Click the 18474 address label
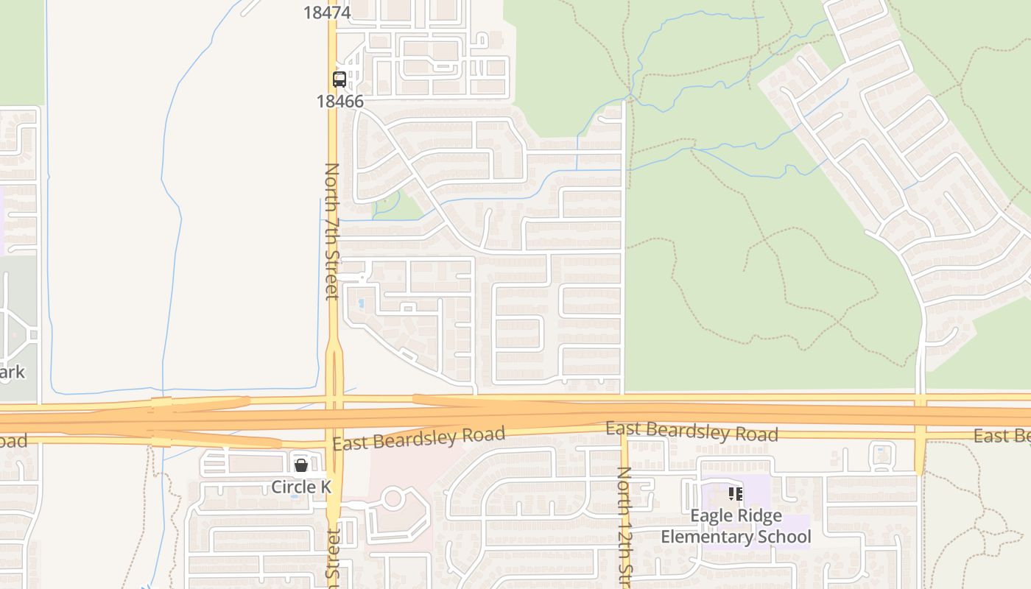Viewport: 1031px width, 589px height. click(328, 12)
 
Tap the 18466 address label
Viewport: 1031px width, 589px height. click(340, 102)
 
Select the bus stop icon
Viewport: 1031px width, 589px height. click(339, 79)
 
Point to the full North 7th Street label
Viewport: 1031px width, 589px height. click(332, 231)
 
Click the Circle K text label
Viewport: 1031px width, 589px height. click(301, 487)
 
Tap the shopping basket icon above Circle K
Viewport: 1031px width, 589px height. click(301, 465)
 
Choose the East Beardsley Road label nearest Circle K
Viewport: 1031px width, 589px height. click(418, 438)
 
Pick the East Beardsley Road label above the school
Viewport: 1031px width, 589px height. click(692, 432)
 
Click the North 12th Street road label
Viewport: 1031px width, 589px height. click(624, 526)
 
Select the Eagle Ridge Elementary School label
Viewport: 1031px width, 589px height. click(736, 526)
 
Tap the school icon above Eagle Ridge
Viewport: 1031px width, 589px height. click(735, 494)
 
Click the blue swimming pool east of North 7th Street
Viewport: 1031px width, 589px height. click(360, 303)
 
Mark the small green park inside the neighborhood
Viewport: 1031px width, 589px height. click(398, 205)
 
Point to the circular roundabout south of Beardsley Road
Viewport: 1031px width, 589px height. click(393, 498)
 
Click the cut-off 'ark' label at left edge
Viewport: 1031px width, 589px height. click(13, 372)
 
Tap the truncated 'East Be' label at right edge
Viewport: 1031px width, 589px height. click(1002, 437)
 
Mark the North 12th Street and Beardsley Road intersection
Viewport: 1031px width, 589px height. click(624, 434)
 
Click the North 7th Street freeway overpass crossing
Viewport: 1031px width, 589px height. click(334, 415)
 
